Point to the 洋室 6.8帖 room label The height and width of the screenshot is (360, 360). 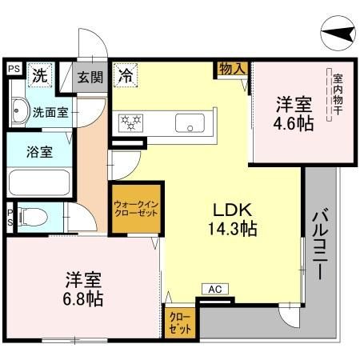point(83,290)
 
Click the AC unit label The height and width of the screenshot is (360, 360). point(214,289)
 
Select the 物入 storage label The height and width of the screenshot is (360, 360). point(232,70)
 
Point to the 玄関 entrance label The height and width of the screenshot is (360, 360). point(90,77)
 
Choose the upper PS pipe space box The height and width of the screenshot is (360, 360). point(14,69)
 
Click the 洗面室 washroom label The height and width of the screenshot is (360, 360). point(49,113)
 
